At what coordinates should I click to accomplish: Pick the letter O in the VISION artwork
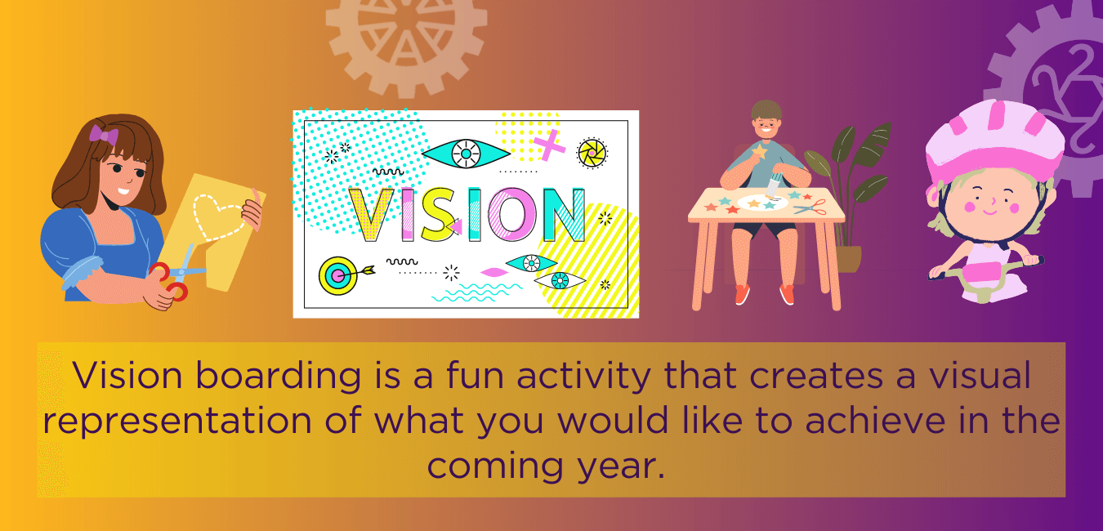click(x=512, y=215)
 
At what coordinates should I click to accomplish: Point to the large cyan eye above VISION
click(x=466, y=153)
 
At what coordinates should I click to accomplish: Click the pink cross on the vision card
click(x=550, y=146)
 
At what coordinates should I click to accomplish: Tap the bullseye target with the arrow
click(x=337, y=276)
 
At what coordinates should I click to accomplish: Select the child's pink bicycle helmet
click(x=994, y=144)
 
